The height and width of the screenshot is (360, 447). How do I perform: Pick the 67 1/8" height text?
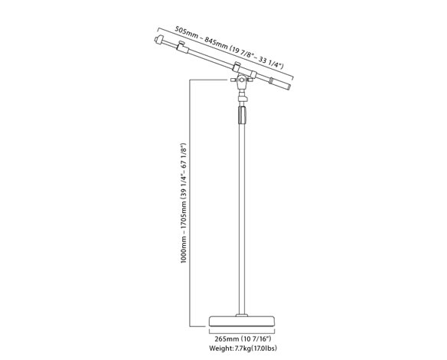(184, 155)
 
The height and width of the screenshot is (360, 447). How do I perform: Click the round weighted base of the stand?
(242, 321)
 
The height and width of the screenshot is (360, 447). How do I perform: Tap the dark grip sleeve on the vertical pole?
(242, 115)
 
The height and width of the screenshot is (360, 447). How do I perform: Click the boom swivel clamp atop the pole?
(242, 80)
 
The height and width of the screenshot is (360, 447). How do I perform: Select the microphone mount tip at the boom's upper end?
(158, 39)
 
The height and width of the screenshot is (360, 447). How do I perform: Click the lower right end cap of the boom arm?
(289, 86)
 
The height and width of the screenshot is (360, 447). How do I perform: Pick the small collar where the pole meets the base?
(242, 315)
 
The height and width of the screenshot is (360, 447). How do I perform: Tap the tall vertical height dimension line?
(190, 203)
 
